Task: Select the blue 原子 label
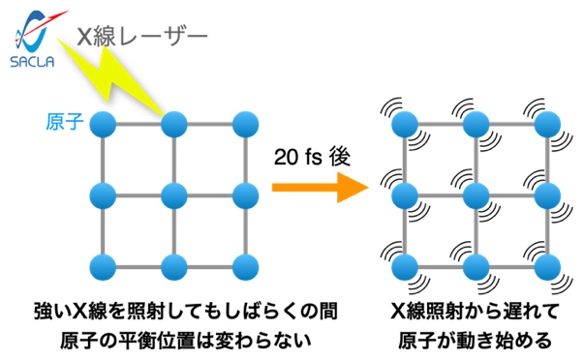pyautogui.click(x=64, y=122)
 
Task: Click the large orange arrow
pyautogui.click(x=308, y=188)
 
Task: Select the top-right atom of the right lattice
pyautogui.click(x=546, y=124)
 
